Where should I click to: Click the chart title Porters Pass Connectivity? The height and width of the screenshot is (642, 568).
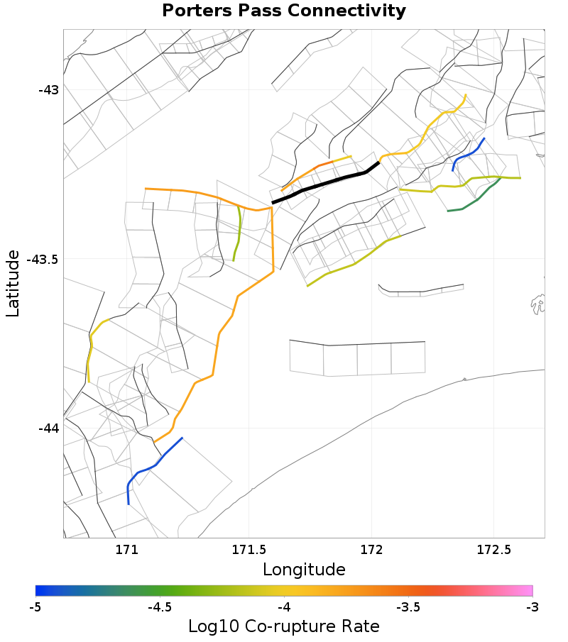coord(284,11)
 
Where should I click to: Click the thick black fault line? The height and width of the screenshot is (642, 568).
coord(327,183)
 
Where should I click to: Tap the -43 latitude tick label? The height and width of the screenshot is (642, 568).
coord(50,90)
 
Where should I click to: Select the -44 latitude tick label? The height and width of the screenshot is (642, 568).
coord(50,428)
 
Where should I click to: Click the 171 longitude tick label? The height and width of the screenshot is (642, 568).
coord(126,549)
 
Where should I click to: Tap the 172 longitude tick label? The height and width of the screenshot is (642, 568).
coord(372,549)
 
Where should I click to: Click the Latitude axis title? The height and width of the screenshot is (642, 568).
coord(13,283)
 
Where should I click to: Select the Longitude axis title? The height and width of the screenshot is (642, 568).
coord(304,570)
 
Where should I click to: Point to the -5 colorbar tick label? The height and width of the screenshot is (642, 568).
coord(35,607)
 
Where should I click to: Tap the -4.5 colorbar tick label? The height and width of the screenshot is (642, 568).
coord(160,607)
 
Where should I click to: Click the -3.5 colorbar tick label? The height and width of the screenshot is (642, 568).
coord(408,607)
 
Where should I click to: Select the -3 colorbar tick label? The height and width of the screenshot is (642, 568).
coord(532,607)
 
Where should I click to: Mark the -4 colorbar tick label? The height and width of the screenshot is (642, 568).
coord(284,607)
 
